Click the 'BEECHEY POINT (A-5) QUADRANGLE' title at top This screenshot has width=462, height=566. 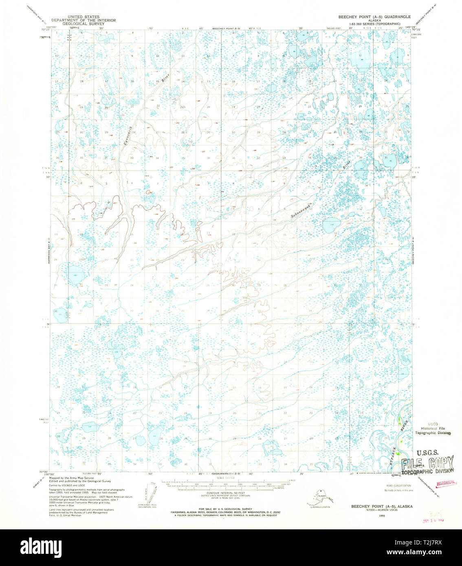[374, 17]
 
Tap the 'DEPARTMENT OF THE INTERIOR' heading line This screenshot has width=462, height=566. [84, 20]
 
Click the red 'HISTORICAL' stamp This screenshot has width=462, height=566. [446, 483]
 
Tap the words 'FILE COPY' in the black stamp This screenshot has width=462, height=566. [427, 463]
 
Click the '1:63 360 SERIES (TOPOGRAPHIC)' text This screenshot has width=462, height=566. [374, 24]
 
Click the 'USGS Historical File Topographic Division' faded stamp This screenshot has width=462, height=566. [433, 428]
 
